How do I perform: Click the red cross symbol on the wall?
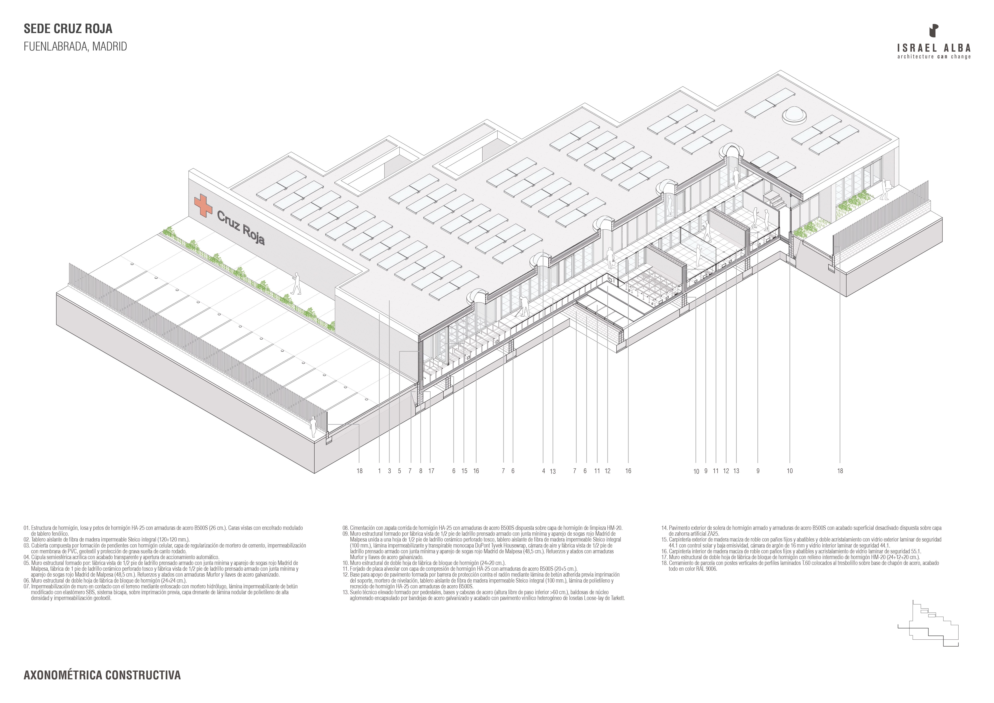coord(203,205)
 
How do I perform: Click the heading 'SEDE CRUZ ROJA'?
coord(68,29)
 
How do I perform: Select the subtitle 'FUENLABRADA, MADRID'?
coord(75,47)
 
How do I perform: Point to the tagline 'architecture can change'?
coord(934,57)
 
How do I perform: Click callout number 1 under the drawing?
coord(379,471)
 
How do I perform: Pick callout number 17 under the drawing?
coord(431,471)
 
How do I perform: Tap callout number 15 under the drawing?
coord(464,471)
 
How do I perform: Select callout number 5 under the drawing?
coord(400,471)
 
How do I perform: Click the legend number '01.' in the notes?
coord(26,528)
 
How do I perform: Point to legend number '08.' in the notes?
coord(345,528)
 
